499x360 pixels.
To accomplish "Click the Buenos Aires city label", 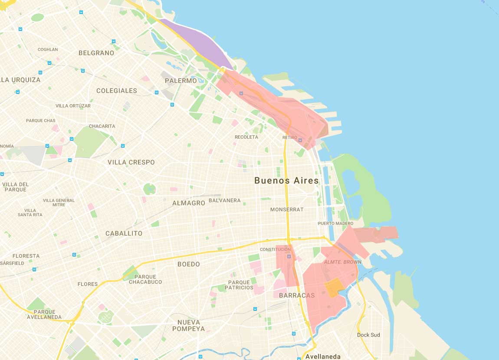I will tap(286, 180).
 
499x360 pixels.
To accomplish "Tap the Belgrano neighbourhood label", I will tap(96, 53).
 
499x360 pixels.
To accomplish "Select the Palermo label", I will tap(181, 81).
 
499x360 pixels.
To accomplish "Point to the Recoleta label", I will tap(246, 137).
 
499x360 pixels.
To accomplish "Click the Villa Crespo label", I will tap(131, 162).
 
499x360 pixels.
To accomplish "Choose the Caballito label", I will tap(124, 233).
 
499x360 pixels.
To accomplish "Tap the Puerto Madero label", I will tap(335, 223).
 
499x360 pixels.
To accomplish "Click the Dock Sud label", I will tap(368, 335).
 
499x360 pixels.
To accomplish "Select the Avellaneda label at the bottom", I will tap(323, 357).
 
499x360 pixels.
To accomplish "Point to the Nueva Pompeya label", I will tap(189, 325).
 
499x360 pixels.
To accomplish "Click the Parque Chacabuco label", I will tap(145, 279).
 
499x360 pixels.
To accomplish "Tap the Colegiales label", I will tap(116, 91).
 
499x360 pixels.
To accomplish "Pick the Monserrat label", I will tap(287, 209).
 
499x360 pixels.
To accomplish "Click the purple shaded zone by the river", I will tap(195, 43).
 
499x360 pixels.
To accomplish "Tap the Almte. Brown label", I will tap(343, 262).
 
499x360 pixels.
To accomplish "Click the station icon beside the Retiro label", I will tap(301, 140).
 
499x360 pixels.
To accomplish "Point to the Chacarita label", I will tap(102, 126).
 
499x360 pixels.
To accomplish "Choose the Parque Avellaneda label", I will tap(44, 314).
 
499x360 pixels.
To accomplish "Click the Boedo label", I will tap(189, 264).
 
